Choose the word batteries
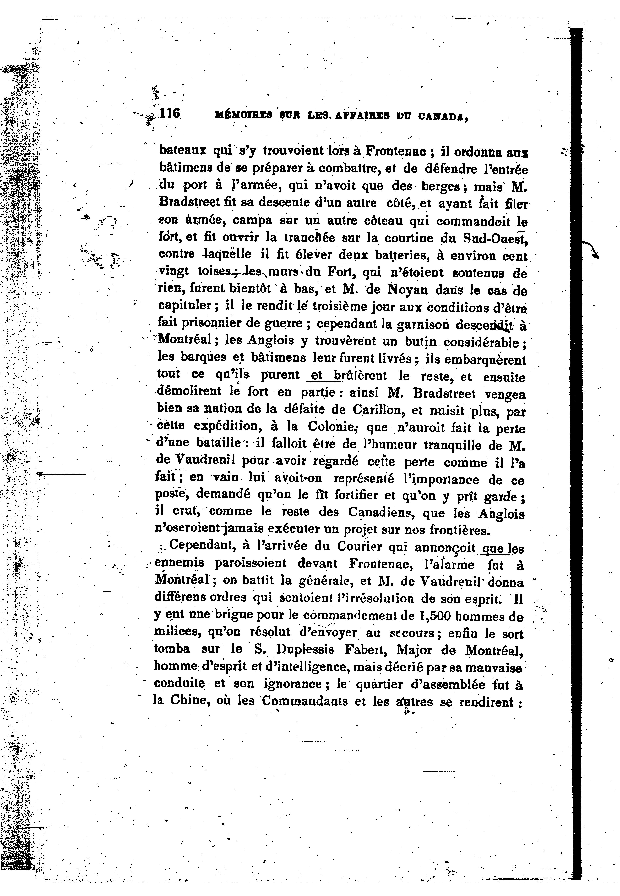click(400, 256)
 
